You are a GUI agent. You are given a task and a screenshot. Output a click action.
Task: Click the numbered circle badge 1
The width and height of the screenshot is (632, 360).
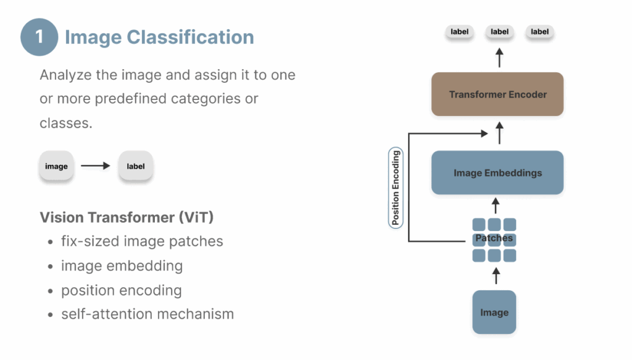click(39, 37)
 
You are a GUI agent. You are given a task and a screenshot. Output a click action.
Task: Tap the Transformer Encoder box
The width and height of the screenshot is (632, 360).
click(497, 94)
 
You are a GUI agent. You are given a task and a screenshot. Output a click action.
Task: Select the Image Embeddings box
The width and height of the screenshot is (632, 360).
click(497, 173)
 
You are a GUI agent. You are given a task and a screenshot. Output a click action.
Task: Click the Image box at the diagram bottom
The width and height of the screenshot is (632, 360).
click(494, 312)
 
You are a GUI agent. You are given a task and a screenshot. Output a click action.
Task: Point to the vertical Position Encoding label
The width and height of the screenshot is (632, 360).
click(396, 188)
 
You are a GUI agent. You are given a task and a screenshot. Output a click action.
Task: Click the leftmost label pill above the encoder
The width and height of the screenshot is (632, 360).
click(460, 32)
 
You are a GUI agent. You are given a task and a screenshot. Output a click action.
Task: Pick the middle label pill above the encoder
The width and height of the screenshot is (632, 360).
click(499, 32)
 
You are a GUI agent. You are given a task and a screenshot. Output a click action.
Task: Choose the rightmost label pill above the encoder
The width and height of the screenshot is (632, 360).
click(539, 32)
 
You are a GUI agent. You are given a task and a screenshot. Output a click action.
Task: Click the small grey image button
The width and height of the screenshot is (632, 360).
click(56, 166)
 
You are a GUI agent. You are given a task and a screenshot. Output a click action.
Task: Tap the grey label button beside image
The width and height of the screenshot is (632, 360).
click(136, 166)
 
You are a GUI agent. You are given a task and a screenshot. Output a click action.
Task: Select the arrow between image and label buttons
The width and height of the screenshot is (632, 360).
click(96, 166)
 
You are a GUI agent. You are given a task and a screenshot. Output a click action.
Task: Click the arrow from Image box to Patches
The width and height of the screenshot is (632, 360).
click(494, 275)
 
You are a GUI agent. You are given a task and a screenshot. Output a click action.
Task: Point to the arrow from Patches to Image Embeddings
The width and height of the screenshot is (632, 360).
click(494, 206)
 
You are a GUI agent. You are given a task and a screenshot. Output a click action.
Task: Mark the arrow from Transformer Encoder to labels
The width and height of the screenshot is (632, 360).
click(499, 59)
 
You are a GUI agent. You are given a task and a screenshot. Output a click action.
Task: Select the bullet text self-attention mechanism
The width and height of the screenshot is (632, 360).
click(147, 314)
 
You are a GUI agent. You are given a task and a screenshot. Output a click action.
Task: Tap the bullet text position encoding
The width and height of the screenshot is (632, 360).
click(121, 290)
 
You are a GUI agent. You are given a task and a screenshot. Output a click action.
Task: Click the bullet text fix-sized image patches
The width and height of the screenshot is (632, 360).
click(142, 241)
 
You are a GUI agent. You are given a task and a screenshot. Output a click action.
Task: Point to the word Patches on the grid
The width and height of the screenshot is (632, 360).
click(494, 238)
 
